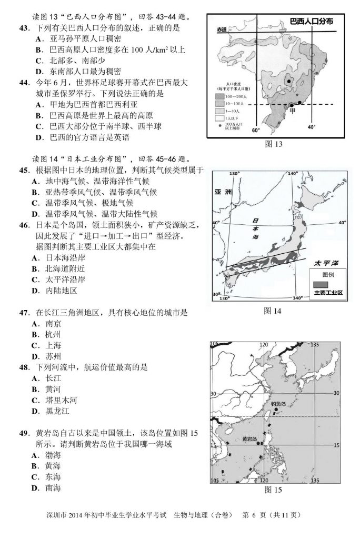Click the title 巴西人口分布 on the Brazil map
[313, 23]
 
